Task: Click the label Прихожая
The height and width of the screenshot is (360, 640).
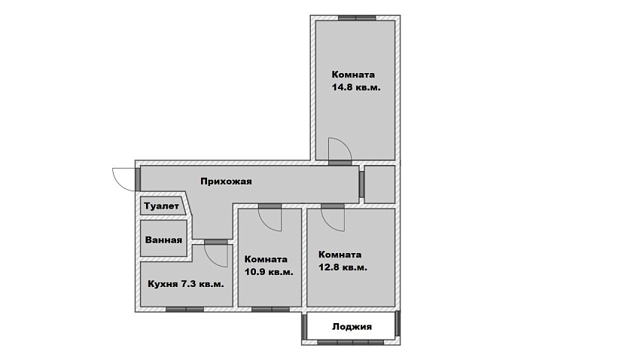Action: coord(226,182)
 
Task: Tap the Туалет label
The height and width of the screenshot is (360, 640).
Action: coord(161,206)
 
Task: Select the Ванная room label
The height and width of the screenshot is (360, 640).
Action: coord(163,239)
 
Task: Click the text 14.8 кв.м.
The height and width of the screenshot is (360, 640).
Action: coord(356,87)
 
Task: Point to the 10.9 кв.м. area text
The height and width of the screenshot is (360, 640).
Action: coord(269,272)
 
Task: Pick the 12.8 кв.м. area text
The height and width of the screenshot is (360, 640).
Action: coord(343,268)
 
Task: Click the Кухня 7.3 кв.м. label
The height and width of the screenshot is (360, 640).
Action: coord(186,284)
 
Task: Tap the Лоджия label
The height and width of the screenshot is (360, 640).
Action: coord(352,327)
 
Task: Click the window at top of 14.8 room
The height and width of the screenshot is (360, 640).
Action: coord(357,18)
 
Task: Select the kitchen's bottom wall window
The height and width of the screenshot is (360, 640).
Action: coord(185,310)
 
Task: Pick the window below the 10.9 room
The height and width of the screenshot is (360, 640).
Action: coord(270,310)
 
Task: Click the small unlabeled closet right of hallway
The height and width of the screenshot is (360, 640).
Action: coord(379,184)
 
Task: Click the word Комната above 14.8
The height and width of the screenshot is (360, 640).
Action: coord(353,75)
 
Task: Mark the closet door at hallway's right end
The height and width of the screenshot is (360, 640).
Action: coord(361,184)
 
